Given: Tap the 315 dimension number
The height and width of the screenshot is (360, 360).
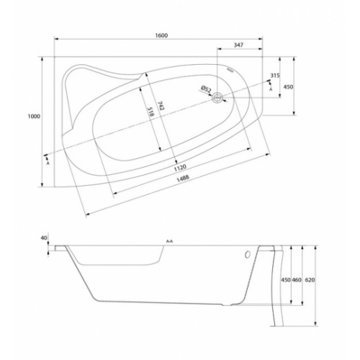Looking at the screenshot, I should (x=275, y=75).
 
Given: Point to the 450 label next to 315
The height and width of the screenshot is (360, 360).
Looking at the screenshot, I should (x=288, y=86).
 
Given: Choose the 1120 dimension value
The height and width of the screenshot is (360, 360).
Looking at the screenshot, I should (x=184, y=170).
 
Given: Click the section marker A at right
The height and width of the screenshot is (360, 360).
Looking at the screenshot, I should (x=271, y=89).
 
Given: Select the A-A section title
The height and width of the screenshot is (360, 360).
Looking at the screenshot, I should (x=170, y=240).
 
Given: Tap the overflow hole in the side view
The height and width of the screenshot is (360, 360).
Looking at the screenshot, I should (x=248, y=254).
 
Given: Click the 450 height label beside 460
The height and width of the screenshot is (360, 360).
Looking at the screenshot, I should (x=284, y=279).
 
